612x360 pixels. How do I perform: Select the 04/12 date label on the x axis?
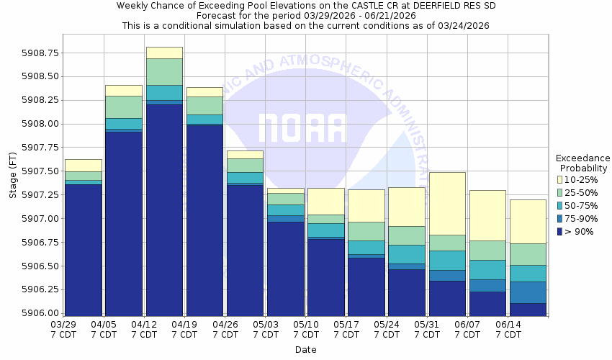click(145, 325)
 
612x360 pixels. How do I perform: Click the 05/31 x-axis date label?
click(428, 325)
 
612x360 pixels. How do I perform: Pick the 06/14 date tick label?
click(508, 325)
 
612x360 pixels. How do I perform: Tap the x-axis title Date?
click(305, 350)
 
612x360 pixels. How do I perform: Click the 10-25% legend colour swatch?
click(560, 179)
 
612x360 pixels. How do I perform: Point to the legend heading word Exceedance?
click(582, 158)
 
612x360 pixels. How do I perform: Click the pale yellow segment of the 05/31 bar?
click(447, 203)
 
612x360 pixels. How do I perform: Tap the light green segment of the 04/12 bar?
click(164, 71)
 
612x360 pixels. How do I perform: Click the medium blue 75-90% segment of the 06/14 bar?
click(528, 292)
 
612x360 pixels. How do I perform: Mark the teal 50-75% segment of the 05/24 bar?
click(407, 254)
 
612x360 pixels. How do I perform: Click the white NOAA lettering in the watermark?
click(302, 128)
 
